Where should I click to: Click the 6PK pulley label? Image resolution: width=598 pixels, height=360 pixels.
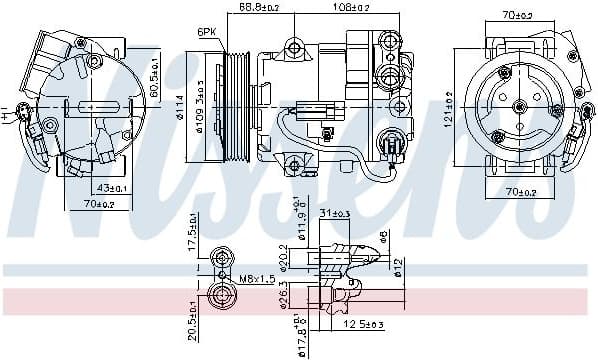click(x=207, y=32)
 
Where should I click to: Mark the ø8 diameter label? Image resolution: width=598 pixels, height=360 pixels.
click(x=382, y=238)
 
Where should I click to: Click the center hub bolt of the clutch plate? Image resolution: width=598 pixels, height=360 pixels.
click(x=520, y=105)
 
